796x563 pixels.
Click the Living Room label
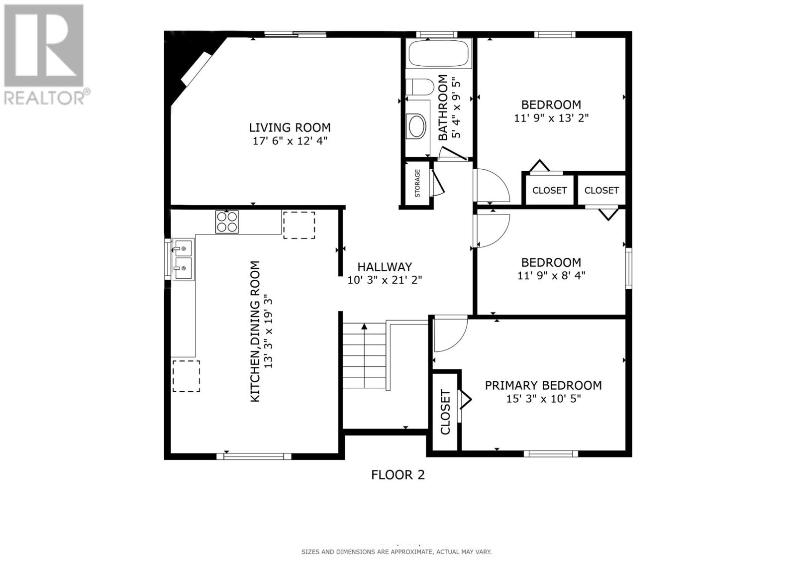(x=290, y=127)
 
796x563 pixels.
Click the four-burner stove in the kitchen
(x=227, y=222)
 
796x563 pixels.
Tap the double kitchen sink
(x=183, y=259)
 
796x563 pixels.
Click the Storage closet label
(x=417, y=183)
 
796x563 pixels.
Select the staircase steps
(x=364, y=356)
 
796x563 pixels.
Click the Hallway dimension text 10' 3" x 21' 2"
(x=385, y=280)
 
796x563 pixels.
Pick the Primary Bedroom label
(x=543, y=385)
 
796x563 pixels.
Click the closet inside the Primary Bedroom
(x=445, y=412)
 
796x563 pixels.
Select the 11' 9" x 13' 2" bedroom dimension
(x=551, y=118)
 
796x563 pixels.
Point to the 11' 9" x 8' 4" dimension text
(x=551, y=275)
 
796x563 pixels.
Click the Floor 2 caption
(x=398, y=475)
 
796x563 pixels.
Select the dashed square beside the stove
(x=298, y=225)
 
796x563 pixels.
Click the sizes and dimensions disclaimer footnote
(x=396, y=552)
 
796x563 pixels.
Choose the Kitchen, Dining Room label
(x=255, y=331)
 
